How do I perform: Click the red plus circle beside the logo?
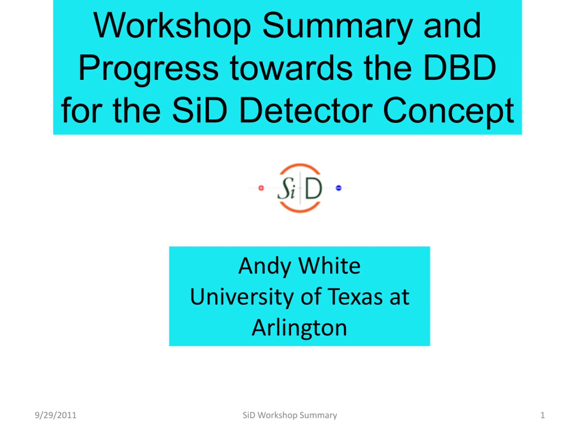point(261,188)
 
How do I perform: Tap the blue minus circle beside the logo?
point(338,188)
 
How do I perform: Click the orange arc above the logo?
point(300,165)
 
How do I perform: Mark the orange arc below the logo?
point(300,210)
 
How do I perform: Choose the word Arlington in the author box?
point(300,328)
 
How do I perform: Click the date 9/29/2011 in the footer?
point(56,415)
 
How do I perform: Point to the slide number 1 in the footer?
point(543,415)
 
